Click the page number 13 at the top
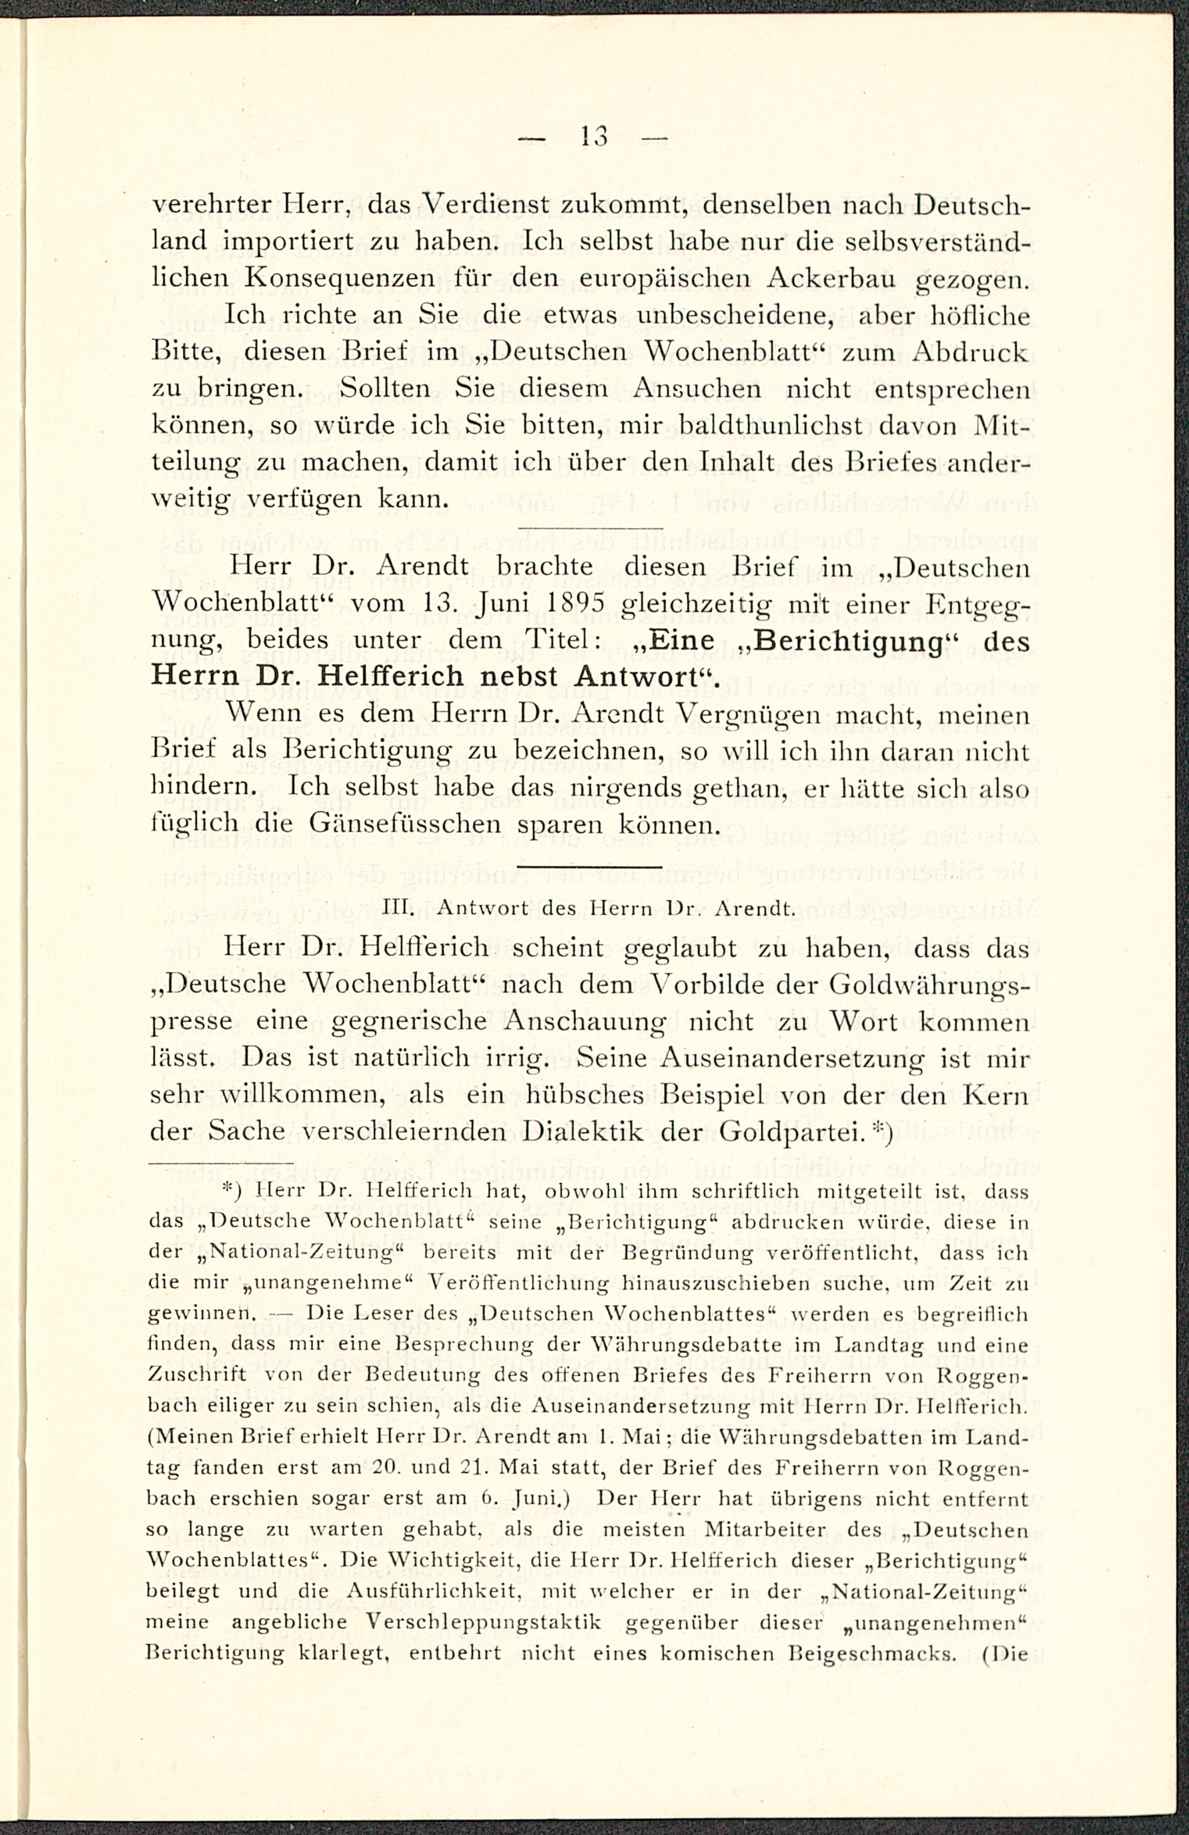coord(593,137)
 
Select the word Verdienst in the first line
coord(485,206)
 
